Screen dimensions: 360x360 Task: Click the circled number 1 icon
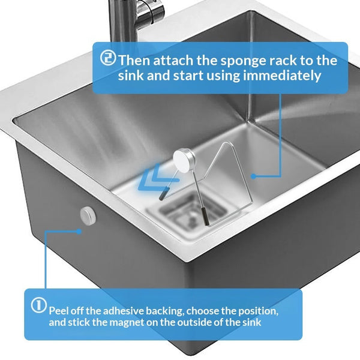tap(39, 305)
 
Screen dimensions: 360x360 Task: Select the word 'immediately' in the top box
tap(282, 76)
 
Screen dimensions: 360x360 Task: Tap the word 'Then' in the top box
tap(135, 60)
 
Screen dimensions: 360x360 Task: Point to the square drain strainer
tap(189, 210)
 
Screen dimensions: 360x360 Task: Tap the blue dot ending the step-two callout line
tap(253, 176)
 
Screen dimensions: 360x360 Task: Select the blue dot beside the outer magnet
tap(79, 232)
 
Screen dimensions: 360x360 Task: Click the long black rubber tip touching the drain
tap(205, 216)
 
